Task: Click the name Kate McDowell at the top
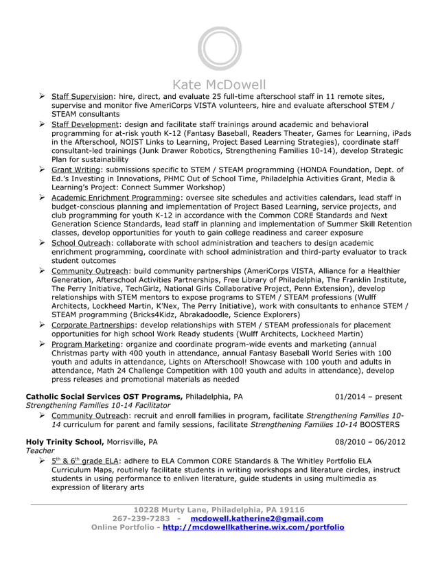click(218, 85)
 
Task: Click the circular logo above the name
click(219, 49)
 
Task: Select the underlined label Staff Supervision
click(82, 97)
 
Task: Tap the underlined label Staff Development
click(85, 124)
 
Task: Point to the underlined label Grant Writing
click(76, 170)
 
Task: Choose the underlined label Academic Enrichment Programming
click(115, 198)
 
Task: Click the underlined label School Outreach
click(80, 243)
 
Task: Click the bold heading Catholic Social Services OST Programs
click(104, 397)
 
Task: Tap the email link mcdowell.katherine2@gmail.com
click(256, 518)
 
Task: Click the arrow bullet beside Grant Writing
click(43, 169)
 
